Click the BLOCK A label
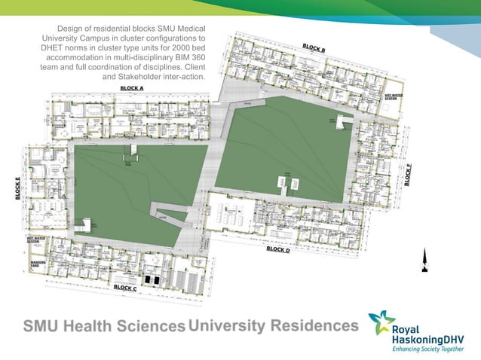click(132, 88)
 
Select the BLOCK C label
click(124, 287)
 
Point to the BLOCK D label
click(277, 249)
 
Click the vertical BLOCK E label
click(17, 188)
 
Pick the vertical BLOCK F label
click(408, 174)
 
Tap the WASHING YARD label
click(38, 264)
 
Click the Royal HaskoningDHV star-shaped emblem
click(381, 324)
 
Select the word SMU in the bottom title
click(42, 326)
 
